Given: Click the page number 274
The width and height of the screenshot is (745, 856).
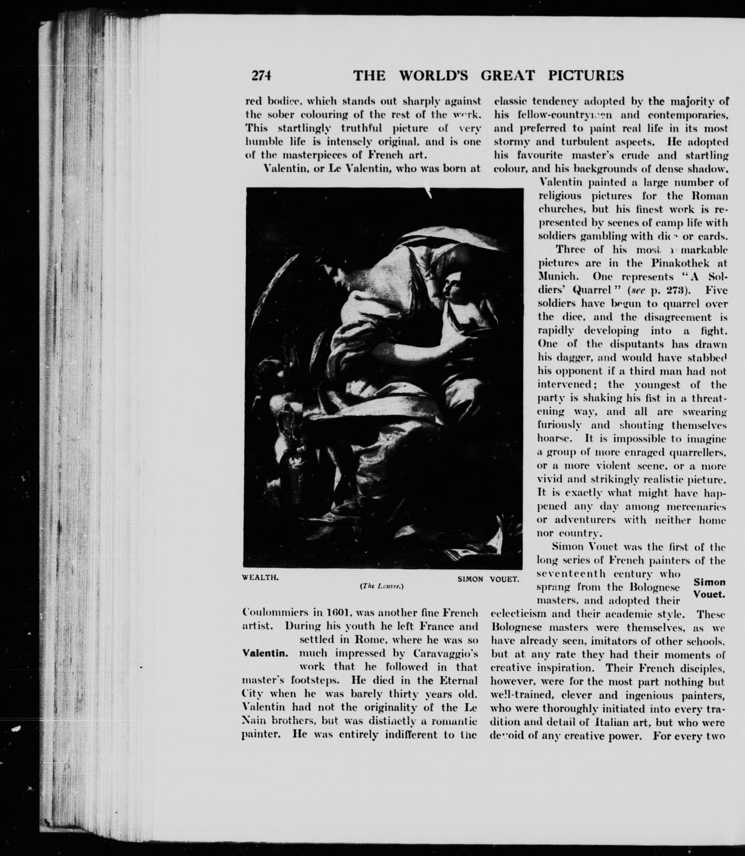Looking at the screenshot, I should click(x=261, y=75).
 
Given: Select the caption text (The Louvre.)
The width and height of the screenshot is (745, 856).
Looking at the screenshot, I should click(x=382, y=586).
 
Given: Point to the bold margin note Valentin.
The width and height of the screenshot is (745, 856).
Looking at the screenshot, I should click(x=265, y=653).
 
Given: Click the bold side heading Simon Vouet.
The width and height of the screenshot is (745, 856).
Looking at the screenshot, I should click(x=709, y=588).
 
